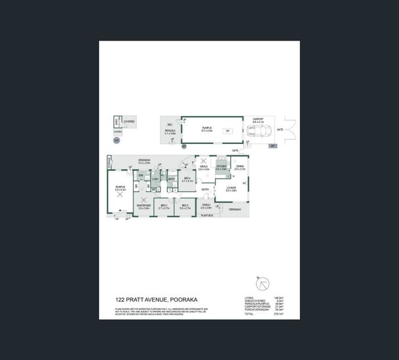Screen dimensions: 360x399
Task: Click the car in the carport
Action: (x=257, y=131)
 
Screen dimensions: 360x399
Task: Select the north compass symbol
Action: (x=263, y=284)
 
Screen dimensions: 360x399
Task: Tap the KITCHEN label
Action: (x=221, y=167)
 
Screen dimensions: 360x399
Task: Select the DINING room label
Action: (x=240, y=167)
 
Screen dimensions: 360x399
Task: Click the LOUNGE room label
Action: (x=231, y=189)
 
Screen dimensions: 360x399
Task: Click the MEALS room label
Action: (x=203, y=168)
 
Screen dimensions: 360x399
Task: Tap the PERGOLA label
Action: (x=170, y=132)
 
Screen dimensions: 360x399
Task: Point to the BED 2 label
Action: (x=164, y=206)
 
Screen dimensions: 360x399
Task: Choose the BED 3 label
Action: (x=184, y=206)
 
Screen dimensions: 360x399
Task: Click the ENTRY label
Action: (x=205, y=190)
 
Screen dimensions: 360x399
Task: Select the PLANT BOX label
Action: (x=208, y=215)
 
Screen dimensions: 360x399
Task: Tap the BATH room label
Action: (x=171, y=179)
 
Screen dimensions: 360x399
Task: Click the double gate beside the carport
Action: (x=289, y=130)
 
